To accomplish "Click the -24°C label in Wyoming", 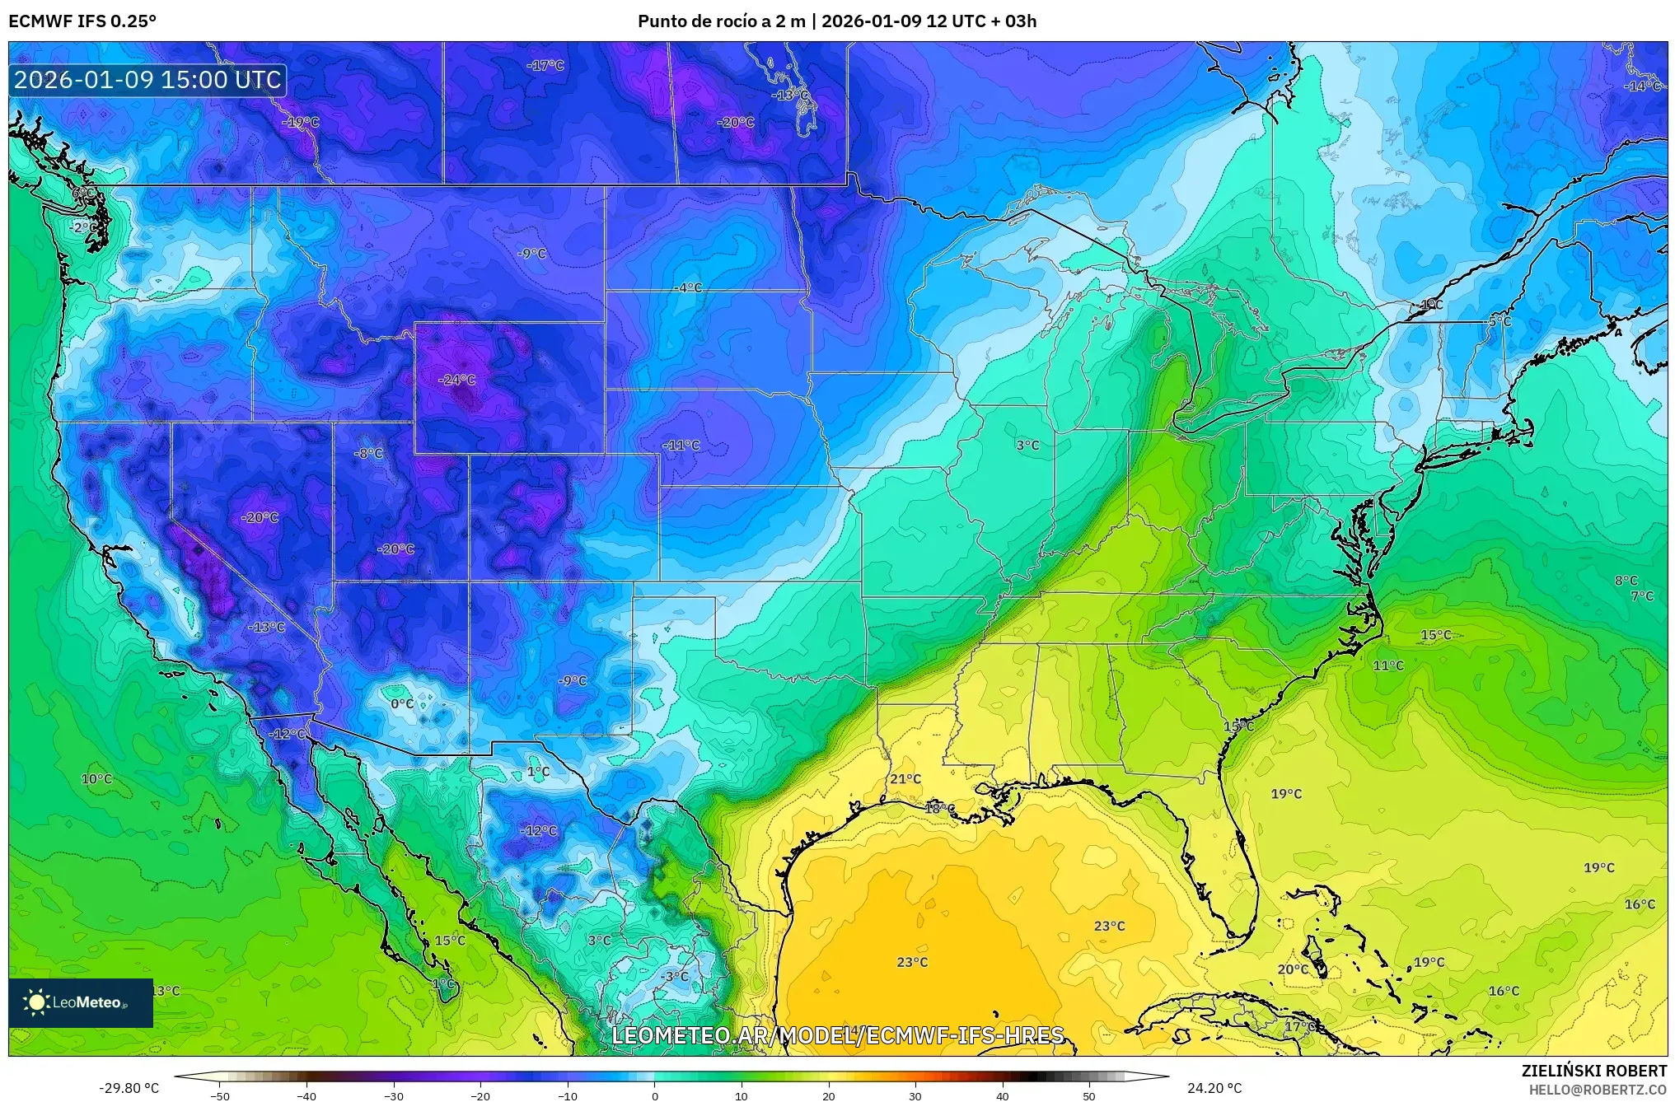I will [457, 380].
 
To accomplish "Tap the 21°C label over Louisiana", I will [905, 779].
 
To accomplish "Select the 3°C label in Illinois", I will [1027, 445].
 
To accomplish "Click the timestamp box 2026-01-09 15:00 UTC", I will [147, 80].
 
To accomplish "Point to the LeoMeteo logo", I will [80, 1002].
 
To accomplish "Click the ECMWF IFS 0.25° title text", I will [82, 21].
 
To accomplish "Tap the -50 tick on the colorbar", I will [220, 1095].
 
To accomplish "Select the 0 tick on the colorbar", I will [655, 1095].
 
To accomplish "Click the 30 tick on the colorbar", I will [915, 1095].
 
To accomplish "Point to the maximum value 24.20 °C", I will [1214, 1088].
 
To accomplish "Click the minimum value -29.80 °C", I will [129, 1088].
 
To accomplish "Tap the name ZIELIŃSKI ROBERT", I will [1593, 1071].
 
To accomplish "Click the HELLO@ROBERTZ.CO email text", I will [1598, 1089].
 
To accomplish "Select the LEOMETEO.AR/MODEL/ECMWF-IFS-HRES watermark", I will [837, 1034].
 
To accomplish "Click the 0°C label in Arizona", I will [401, 703].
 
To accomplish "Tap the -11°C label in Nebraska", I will [681, 445].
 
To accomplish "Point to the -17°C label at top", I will [545, 65].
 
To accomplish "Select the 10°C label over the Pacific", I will [96, 778].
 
